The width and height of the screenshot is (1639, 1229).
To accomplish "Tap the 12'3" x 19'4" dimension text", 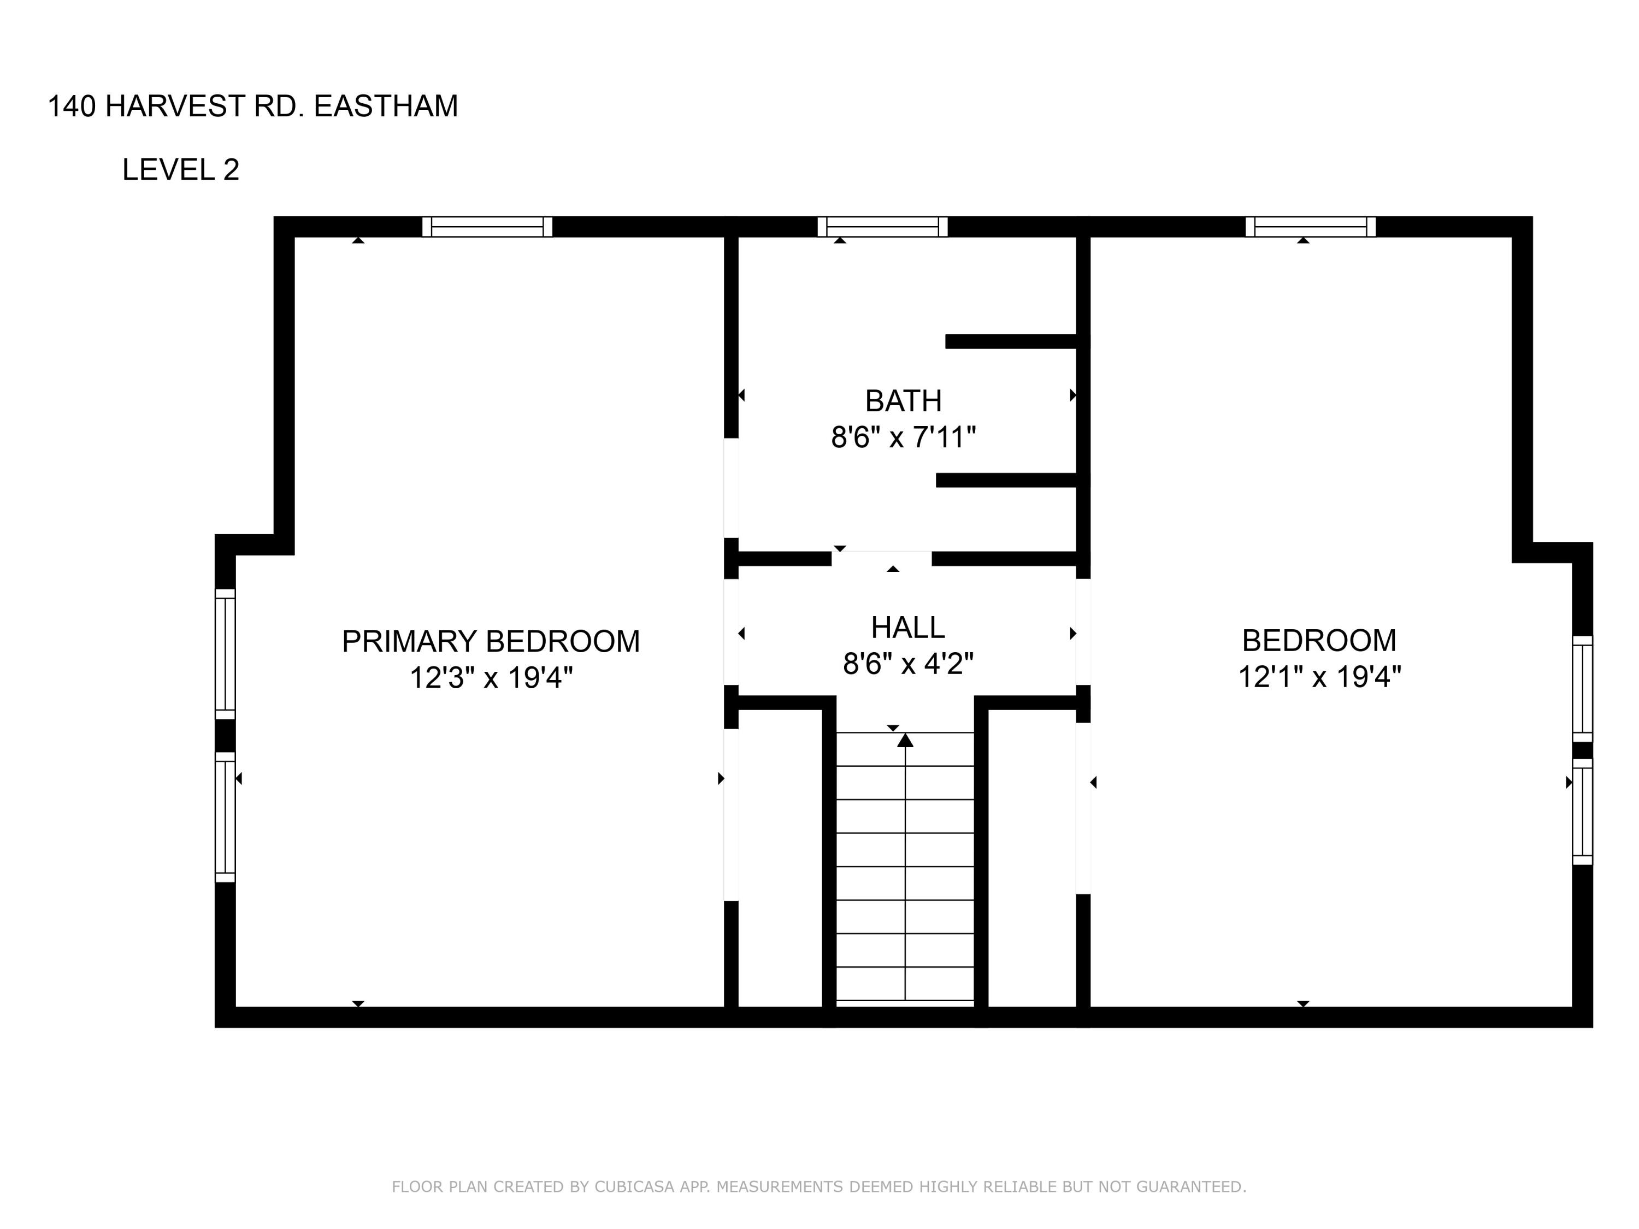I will [x=491, y=678].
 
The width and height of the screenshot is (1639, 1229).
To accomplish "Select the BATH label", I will [x=903, y=401].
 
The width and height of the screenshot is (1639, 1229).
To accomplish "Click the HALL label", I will [x=907, y=628].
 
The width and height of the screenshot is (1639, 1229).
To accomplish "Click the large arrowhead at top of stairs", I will [x=905, y=741].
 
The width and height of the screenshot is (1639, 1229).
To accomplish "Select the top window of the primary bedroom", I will [x=487, y=227].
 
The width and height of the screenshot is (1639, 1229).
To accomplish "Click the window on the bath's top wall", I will [x=882, y=227].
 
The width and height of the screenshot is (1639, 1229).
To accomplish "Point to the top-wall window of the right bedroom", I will [x=1310, y=227].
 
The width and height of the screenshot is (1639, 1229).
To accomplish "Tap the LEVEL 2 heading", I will [x=181, y=170].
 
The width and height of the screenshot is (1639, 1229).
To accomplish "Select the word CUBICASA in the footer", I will [x=634, y=1187].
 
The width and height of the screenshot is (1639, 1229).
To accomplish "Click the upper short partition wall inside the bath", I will [x=1011, y=341].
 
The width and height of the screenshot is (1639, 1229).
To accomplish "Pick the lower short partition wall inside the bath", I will [x=1006, y=480].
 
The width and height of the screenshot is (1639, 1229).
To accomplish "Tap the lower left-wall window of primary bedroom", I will [x=225, y=817].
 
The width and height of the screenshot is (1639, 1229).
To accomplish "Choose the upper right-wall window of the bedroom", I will [x=1582, y=688].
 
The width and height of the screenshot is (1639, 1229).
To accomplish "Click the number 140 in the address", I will [x=72, y=107].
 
